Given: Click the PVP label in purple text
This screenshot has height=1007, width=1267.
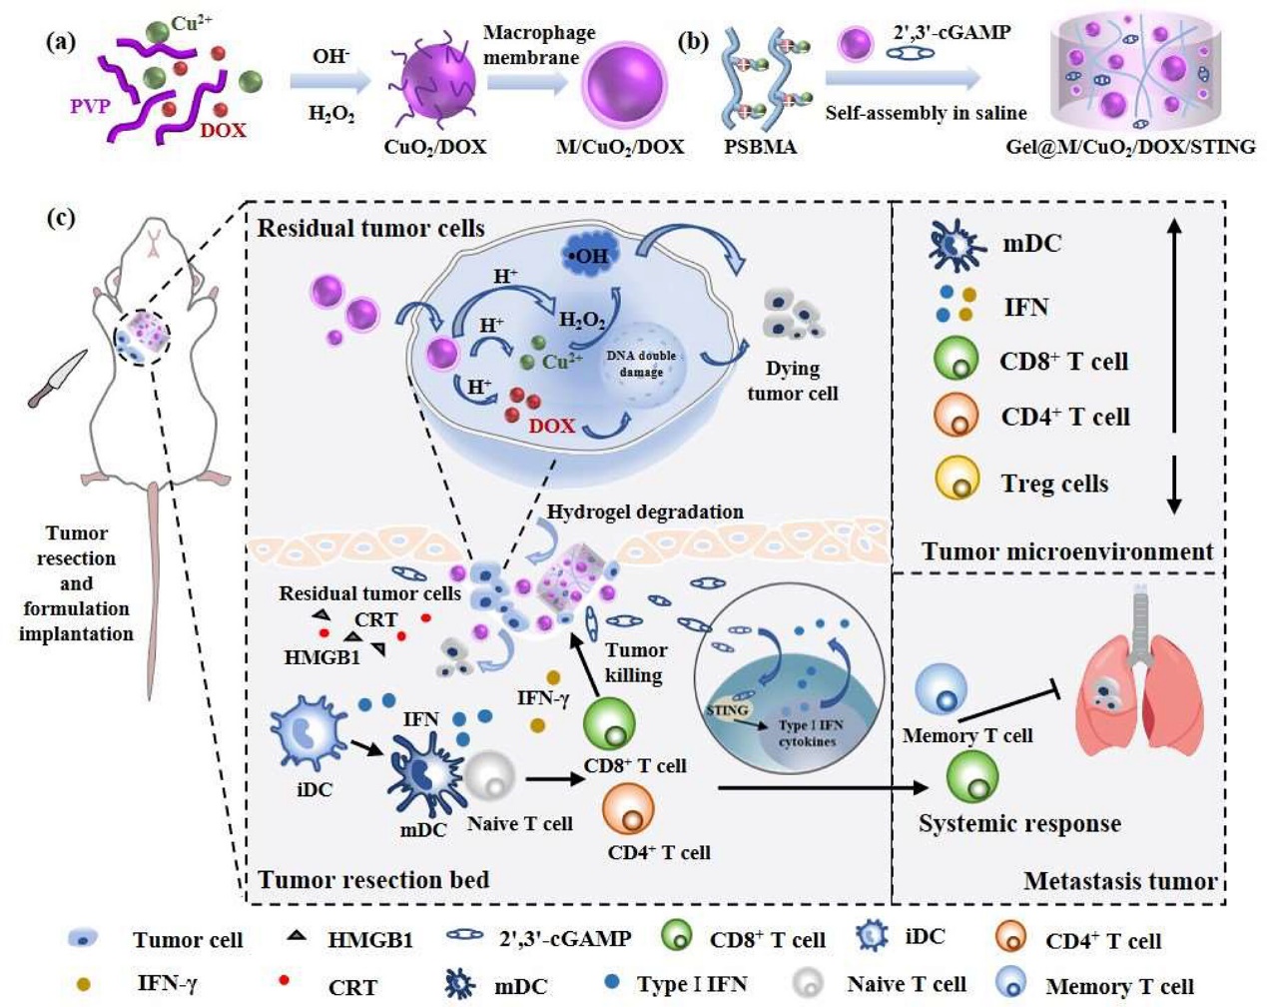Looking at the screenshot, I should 90,106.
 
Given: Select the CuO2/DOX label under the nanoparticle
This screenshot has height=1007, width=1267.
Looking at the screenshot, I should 435,147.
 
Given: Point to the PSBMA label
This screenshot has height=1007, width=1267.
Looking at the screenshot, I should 760,147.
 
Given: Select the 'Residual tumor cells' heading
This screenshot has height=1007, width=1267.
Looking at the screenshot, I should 370,229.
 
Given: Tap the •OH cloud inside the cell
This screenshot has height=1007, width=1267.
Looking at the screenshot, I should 591,255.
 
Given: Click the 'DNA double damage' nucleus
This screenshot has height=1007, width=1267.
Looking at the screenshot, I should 641,364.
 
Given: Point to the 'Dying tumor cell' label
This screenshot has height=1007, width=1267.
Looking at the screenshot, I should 793,381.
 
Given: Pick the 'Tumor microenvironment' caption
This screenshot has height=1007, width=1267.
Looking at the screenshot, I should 1067,551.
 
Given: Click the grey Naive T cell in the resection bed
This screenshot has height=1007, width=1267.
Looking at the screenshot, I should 489,776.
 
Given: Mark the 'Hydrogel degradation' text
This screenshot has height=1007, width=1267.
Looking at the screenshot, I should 645,511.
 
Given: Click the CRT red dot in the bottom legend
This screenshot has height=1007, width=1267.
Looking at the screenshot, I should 285,980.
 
